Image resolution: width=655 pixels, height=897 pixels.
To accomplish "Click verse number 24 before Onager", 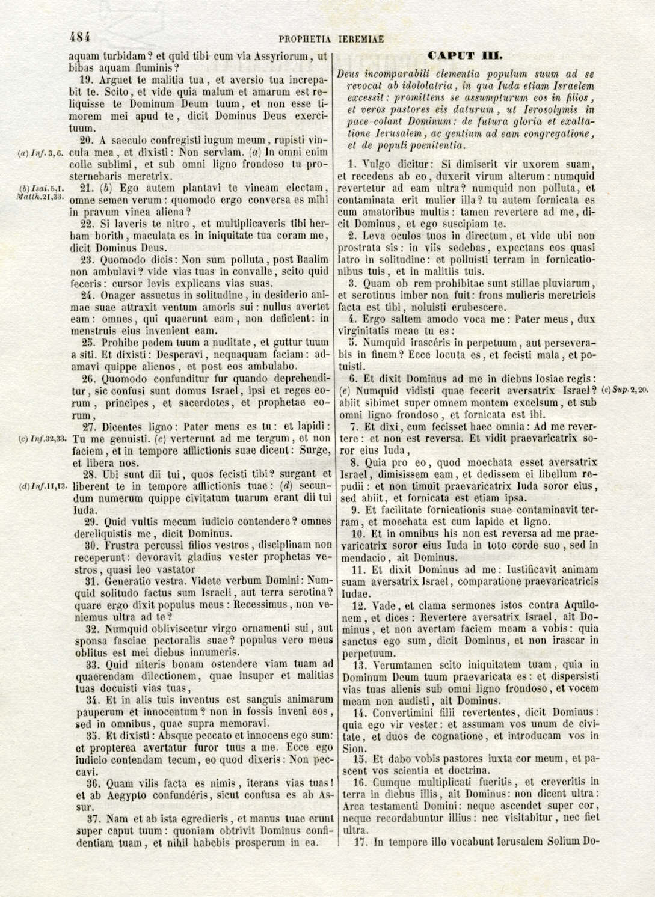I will [x=88, y=295].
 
